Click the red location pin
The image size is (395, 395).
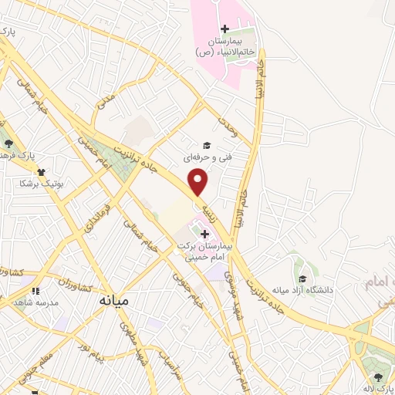(199, 182)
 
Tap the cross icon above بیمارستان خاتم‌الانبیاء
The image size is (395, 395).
(225, 29)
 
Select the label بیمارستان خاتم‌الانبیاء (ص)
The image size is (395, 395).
(225, 46)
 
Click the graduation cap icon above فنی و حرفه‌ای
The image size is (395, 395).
(206, 145)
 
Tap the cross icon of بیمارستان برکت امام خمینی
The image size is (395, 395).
(205, 233)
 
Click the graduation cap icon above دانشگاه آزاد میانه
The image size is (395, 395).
(303, 279)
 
